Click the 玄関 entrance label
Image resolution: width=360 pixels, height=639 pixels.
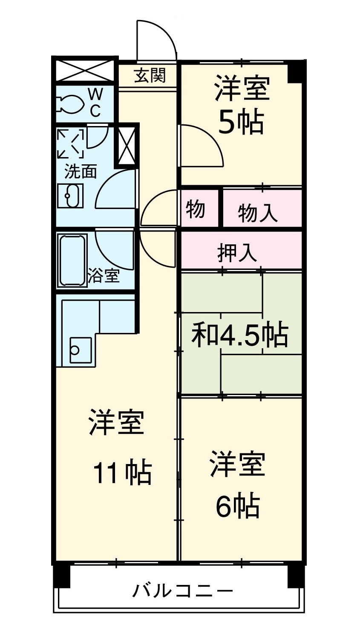click(150, 76)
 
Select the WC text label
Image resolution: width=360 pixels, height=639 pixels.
click(95, 103)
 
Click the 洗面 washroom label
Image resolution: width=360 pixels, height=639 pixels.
click(81, 172)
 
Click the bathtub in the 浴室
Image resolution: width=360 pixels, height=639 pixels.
click(72, 260)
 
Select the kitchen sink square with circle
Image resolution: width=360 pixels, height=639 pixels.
click(80, 350)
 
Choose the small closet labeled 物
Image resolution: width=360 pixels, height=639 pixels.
click(196, 209)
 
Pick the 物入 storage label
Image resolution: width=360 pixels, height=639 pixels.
click(258, 212)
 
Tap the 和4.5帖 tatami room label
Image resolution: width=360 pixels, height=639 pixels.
click(240, 335)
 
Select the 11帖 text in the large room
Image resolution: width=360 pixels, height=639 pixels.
click(122, 473)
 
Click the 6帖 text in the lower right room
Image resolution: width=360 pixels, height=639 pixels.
click(237, 505)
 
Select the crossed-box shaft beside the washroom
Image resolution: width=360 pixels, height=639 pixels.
click(127, 145)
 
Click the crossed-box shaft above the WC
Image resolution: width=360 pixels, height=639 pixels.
click(84, 69)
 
